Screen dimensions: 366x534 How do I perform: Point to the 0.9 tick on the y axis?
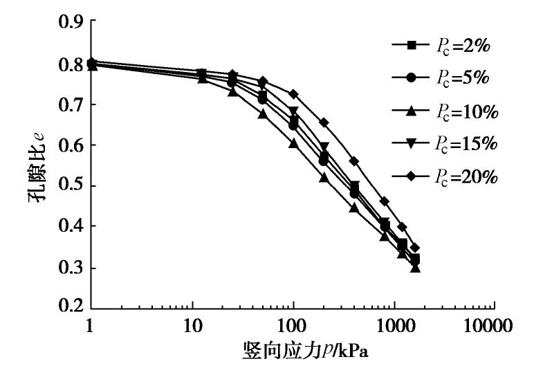[68, 24]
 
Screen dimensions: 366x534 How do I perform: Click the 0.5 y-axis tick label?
[68, 185]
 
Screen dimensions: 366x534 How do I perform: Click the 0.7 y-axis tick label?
[68, 104]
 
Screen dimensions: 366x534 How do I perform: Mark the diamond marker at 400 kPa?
[354, 161]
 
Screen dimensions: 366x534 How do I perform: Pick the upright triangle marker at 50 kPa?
[263, 113]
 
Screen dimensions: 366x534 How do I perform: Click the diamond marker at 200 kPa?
[324, 122]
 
